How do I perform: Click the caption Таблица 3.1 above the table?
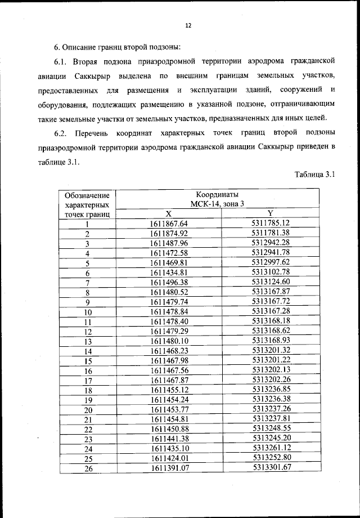pos(314,175)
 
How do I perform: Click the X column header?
pos(168,214)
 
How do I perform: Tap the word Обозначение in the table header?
pos(88,195)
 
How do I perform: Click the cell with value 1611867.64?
pos(168,224)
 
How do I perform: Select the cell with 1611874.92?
pos(168,233)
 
